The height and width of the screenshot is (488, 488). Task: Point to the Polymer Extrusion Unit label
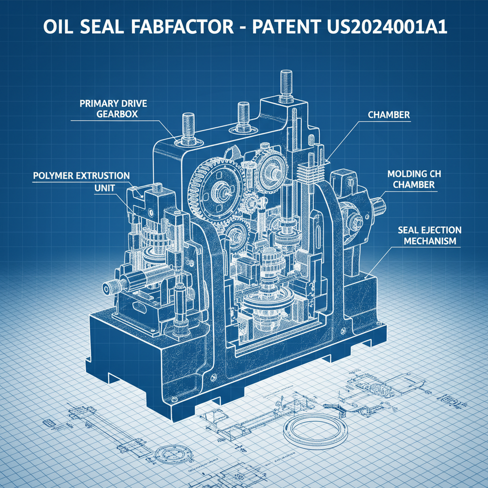tap(81, 181)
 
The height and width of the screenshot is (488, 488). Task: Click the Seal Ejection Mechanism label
tap(429, 235)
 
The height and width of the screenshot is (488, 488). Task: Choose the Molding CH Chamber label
tap(411, 179)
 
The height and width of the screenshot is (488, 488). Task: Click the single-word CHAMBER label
tap(389, 115)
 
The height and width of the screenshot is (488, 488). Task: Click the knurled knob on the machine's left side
tap(110, 287)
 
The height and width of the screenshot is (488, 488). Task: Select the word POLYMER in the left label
tap(53, 175)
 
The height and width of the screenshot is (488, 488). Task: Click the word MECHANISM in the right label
tap(429, 241)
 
